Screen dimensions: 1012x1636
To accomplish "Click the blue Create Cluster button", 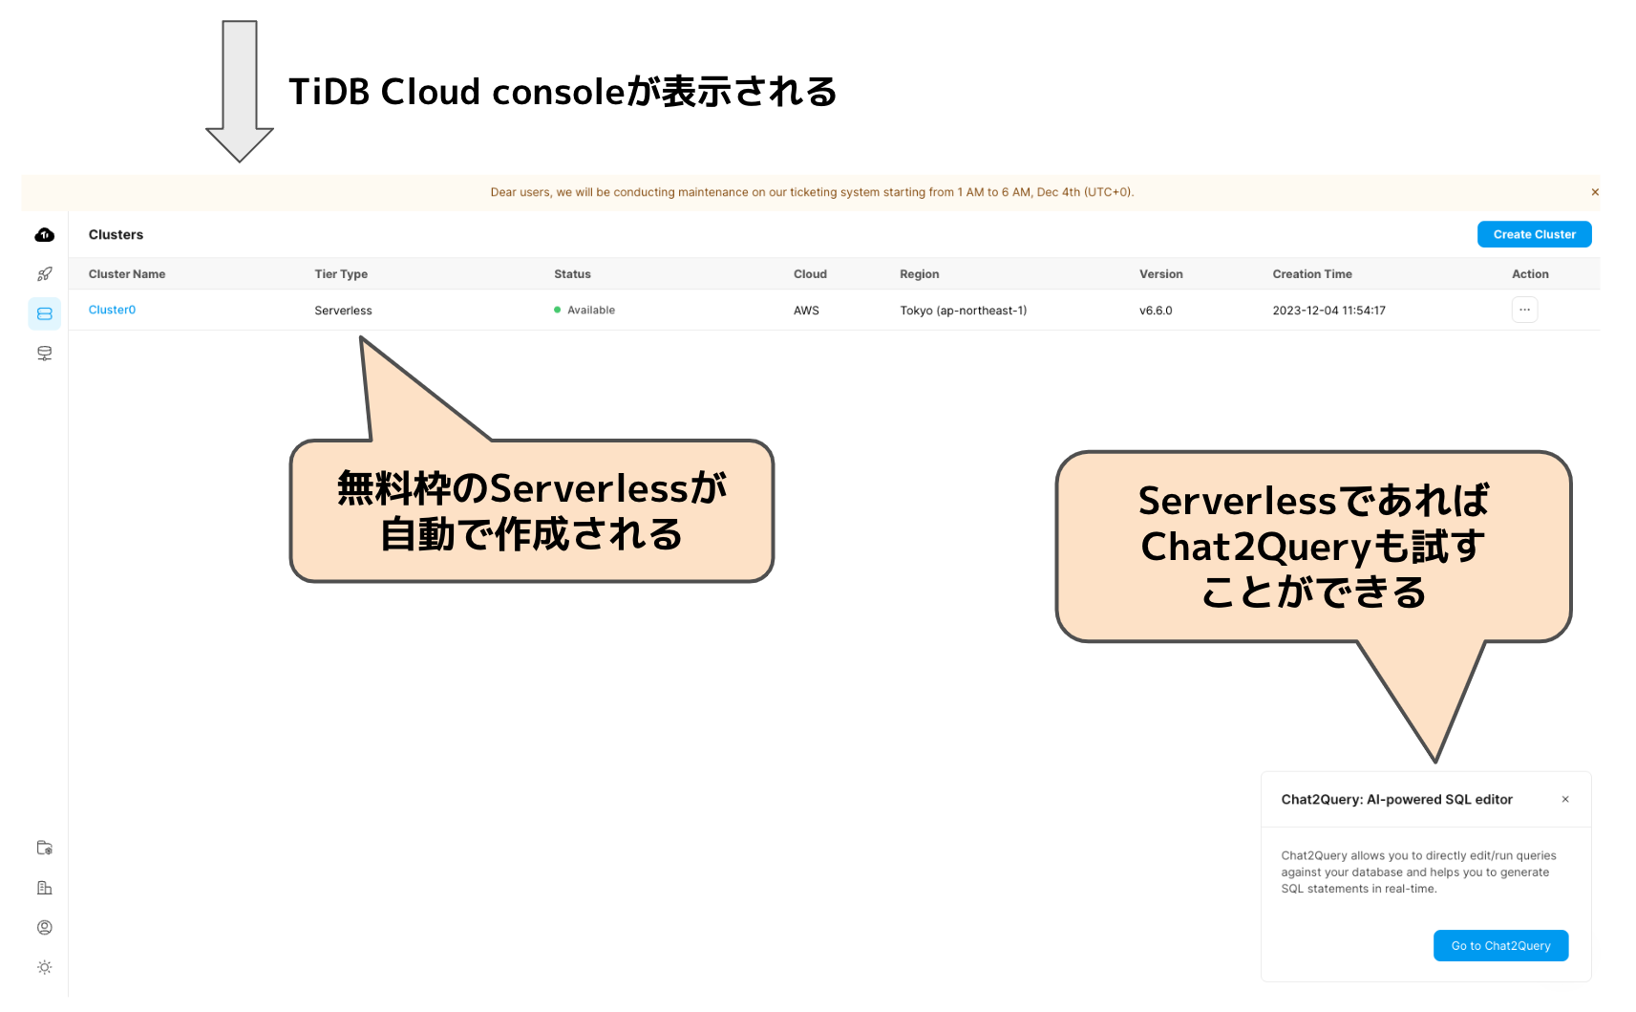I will coord(1534,234).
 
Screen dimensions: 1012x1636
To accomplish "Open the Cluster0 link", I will coord(112,310).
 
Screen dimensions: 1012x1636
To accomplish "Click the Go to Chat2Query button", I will coord(1500,945).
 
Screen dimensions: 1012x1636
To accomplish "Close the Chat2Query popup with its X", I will coord(1565,799).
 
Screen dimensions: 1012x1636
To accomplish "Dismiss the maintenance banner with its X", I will coord(1595,192).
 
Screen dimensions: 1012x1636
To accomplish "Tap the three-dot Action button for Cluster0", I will coord(1524,310).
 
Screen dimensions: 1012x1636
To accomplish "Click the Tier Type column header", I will coord(341,274).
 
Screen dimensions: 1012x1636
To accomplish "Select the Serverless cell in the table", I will coord(343,311).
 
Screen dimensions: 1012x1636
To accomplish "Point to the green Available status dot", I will coord(558,310).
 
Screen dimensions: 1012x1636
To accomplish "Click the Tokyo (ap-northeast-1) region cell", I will coord(963,311).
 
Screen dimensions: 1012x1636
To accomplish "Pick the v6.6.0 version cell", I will coord(1156,311).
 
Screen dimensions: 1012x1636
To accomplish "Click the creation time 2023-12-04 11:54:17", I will coord(1328,311).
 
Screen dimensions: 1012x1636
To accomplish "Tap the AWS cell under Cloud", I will coord(806,311).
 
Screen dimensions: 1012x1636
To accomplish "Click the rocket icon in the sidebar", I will coord(45,274).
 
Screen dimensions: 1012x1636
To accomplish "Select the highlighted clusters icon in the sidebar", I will coord(45,313).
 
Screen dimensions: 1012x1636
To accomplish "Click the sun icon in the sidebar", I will coord(45,967).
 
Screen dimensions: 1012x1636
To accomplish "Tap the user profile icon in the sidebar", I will coord(45,927).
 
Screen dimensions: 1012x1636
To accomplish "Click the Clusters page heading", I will coord(116,235).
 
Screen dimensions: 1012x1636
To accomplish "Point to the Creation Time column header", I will coord(1311,274).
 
